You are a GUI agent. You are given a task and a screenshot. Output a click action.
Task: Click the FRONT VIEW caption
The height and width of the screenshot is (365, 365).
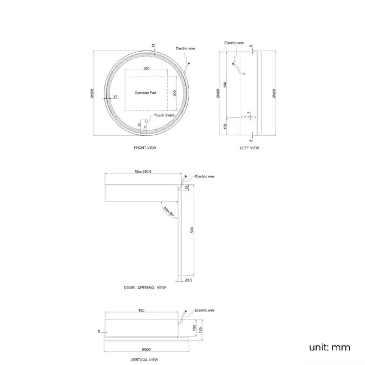coord(144,148)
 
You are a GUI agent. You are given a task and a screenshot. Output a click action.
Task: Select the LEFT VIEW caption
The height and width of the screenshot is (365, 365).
coord(249,148)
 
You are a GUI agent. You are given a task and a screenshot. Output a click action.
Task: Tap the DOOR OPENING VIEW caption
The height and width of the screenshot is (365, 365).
coord(145,287)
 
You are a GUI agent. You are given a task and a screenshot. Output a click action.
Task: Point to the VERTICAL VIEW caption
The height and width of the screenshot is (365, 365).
coord(145,359)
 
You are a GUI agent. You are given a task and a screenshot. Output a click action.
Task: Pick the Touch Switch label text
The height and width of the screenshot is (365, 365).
coord(165,115)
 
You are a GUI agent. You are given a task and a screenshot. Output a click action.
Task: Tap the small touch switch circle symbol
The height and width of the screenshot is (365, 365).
coord(150,118)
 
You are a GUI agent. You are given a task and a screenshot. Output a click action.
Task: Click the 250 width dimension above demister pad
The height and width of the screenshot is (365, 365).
coord(146,68)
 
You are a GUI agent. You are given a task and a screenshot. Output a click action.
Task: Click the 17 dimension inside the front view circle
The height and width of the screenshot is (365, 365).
coord(115,97)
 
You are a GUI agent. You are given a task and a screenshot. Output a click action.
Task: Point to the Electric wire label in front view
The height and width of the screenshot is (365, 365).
coord(185,48)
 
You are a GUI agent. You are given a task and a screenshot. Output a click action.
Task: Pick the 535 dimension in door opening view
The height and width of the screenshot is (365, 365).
coord(193,230)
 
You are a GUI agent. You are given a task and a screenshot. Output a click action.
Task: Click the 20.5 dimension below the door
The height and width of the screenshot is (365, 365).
coord(186,280)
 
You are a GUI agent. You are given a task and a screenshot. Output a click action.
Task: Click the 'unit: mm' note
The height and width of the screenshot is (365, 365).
coord(329,347)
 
